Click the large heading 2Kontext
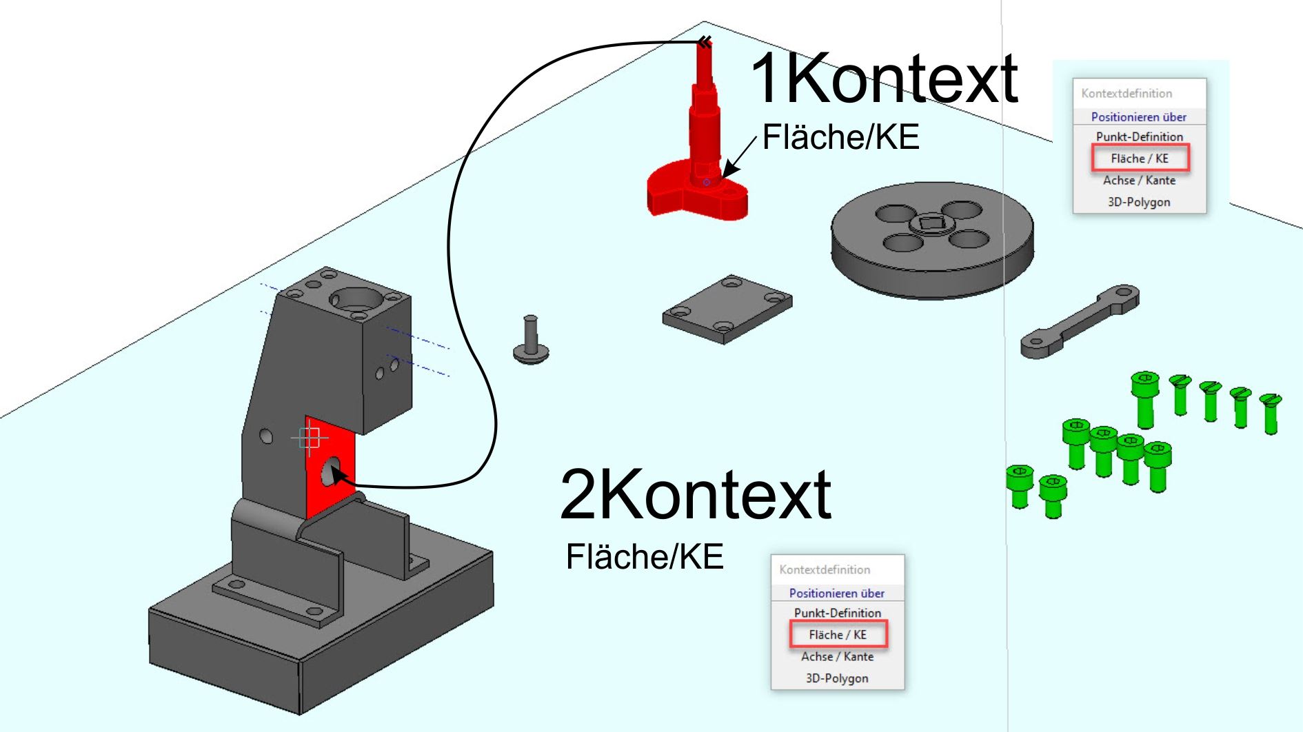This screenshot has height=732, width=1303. pyautogui.click(x=696, y=494)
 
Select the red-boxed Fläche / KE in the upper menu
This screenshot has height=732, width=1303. pyautogui.click(x=1140, y=159)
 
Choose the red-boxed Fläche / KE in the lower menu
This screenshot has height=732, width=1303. pyautogui.click(x=838, y=635)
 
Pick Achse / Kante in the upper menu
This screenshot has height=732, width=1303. pyautogui.click(x=1139, y=181)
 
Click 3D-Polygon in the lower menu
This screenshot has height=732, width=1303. pyautogui.click(x=837, y=678)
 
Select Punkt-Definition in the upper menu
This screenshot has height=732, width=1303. pyautogui.click(x=1139, y=136)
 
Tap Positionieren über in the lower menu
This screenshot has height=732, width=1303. pyautogui.click(x=837, y=593)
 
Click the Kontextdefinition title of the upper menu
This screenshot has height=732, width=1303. pyautogui.click(x=1127, y=94)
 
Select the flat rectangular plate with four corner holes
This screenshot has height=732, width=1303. pyautogui.click(x=727, y=309)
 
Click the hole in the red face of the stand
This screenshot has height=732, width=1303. pyautogui.click(x=331, y=471)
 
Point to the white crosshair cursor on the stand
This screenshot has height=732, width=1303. pyautogui.click(x=310, y=437)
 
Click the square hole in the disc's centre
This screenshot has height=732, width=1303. pyautogui.click(x=931, y=223)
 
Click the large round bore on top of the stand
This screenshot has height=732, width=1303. pyautogui.click(x=356, y=299)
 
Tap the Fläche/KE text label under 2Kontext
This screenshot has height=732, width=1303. pyautogui.click(x=645, y=557)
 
